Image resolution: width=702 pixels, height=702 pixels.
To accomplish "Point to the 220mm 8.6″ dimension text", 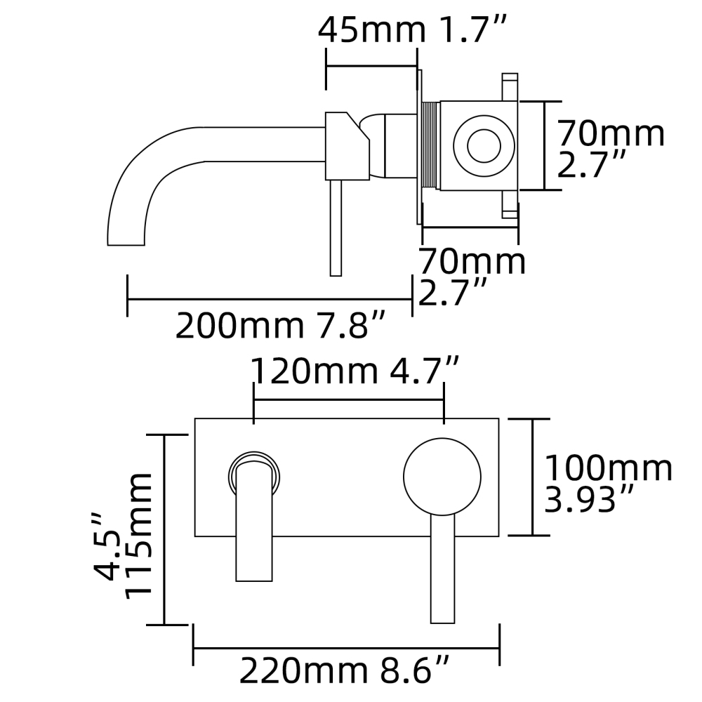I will pos(345,671).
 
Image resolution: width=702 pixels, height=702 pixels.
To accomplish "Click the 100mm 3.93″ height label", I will pos(609,484).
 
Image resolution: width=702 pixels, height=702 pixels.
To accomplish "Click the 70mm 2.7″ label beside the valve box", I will pos(609,149).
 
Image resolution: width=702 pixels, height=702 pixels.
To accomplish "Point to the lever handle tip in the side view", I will pos(336,270).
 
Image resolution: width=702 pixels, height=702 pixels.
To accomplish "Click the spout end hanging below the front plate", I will pos(254,572).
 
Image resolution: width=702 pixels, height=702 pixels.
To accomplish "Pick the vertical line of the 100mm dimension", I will pos(531,477).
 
